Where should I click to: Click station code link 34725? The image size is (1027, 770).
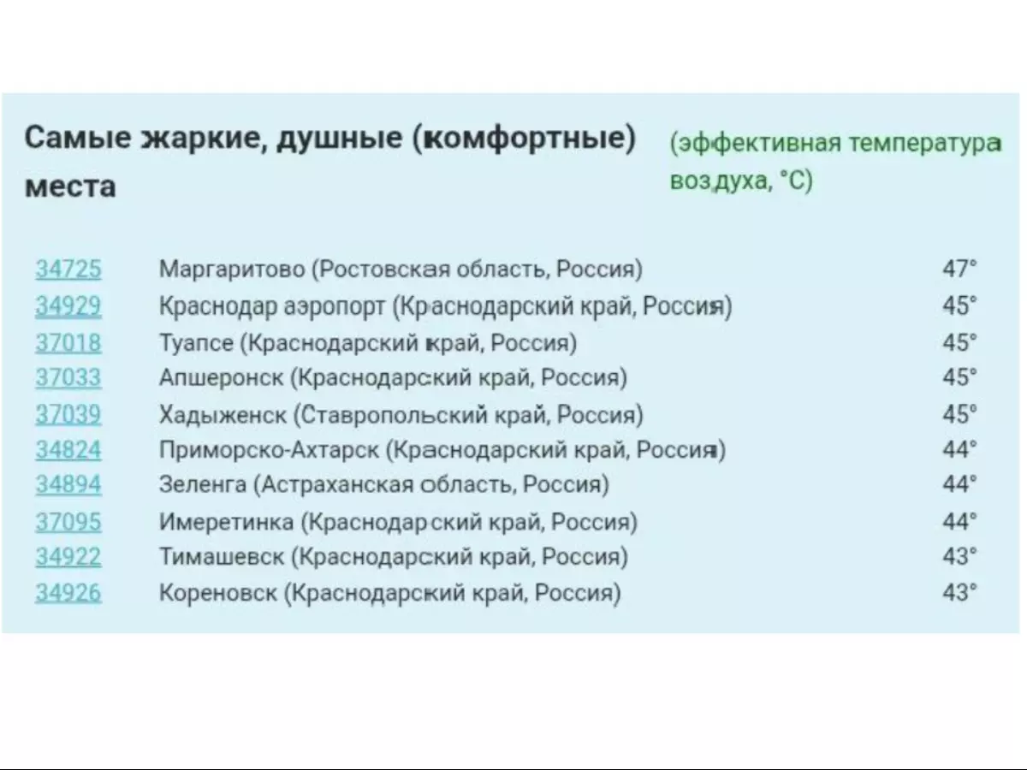tap(68, 269)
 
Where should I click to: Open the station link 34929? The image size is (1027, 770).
tap(68, 305)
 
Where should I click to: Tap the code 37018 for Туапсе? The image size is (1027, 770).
tap(68, 342)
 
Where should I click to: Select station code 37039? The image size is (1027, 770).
tap(68, 414)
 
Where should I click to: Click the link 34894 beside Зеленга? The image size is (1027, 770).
tap(68, 484)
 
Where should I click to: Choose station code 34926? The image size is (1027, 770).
tap(68, 592)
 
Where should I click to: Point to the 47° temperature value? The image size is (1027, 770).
tap(959, 269)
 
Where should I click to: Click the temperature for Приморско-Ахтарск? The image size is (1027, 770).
tap(959, 449)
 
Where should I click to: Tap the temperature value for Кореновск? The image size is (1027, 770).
tap(959, 592)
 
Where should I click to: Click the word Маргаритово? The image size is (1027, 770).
tap(232, 269)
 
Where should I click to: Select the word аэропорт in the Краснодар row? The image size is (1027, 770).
tap(335, 307)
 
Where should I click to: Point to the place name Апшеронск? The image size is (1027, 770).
tap(222, 378)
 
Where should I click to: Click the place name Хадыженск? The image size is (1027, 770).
tap(223, 415)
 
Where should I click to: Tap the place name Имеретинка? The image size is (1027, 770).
tap(227, 522)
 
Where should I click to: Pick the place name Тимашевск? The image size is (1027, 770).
tap(222, 556)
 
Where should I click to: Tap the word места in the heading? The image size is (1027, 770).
tap(70, 187)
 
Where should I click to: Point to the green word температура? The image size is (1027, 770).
tap(925, 144)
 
